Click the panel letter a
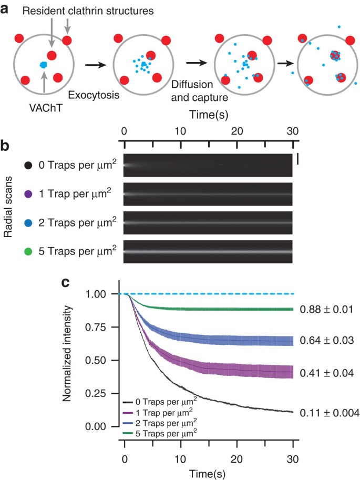tap(6, 7)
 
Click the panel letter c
tap(67, 282)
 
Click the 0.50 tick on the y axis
tap(98, 360)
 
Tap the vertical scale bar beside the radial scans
tap(297, 159)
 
